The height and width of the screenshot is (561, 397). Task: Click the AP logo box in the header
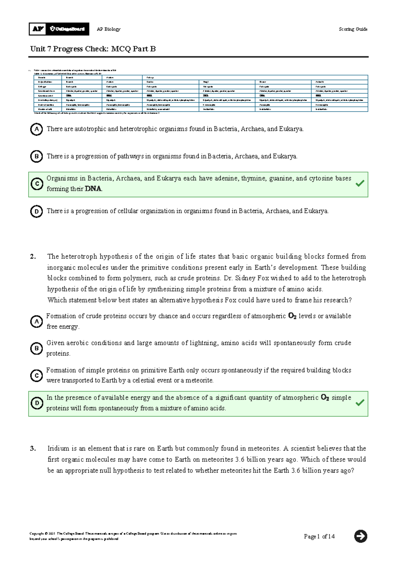tap(38, 29)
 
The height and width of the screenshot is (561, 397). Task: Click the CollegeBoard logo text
tap(67, 29)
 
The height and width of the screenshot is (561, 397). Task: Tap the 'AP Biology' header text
tap(109, 29)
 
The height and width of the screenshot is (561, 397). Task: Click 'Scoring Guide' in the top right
tap(353, 29)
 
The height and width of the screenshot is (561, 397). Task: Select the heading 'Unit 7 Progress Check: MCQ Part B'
tap(93, 49)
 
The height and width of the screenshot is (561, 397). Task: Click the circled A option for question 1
tap(36, 129)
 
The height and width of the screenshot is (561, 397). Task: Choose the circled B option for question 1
tap(36, 156)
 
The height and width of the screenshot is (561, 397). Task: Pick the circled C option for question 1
tap(37, 184)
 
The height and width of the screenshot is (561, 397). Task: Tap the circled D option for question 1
tap(36, 211)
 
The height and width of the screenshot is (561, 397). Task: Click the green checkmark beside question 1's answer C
tap(360, 183)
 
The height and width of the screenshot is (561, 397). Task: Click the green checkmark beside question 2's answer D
tap(360, 403)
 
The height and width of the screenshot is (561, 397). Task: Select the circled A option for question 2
tap(36, 322)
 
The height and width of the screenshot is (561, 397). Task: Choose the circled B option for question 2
tap(36, 348)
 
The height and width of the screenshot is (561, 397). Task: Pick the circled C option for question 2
tap(36, 375)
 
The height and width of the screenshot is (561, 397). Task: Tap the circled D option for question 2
tap(37, 403)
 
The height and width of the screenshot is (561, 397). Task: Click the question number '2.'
tap(33, 257)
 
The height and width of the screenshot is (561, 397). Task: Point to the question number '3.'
tap(33, 449)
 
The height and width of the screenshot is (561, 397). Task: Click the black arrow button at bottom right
tap(360, 536)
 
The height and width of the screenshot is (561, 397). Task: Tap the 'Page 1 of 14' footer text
tap(319, 537)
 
